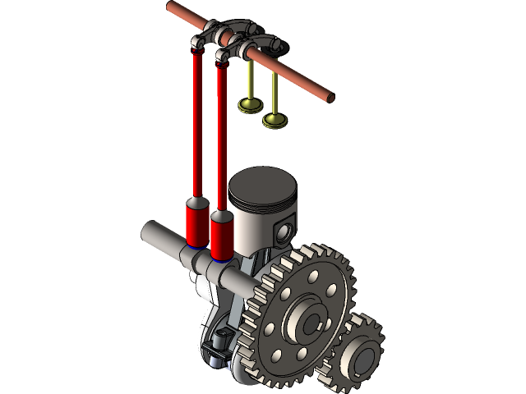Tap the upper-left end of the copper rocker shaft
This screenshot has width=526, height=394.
click(172, 7)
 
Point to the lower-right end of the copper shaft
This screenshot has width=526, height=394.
click(331, 96)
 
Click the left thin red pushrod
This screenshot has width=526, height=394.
click(197, 123)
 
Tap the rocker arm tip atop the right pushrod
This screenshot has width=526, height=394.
click(221, 57)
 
